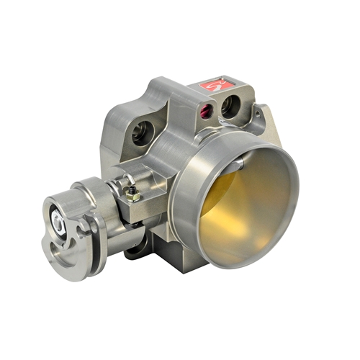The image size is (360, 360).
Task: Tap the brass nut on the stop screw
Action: (x=131, y=192)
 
